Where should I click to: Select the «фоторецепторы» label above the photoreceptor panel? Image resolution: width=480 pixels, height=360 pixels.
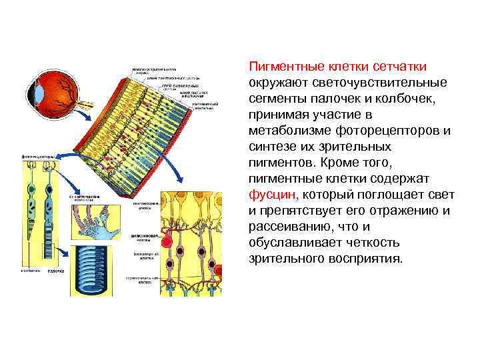click(39, 157)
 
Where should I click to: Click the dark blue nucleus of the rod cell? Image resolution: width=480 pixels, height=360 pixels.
click(50, 200)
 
